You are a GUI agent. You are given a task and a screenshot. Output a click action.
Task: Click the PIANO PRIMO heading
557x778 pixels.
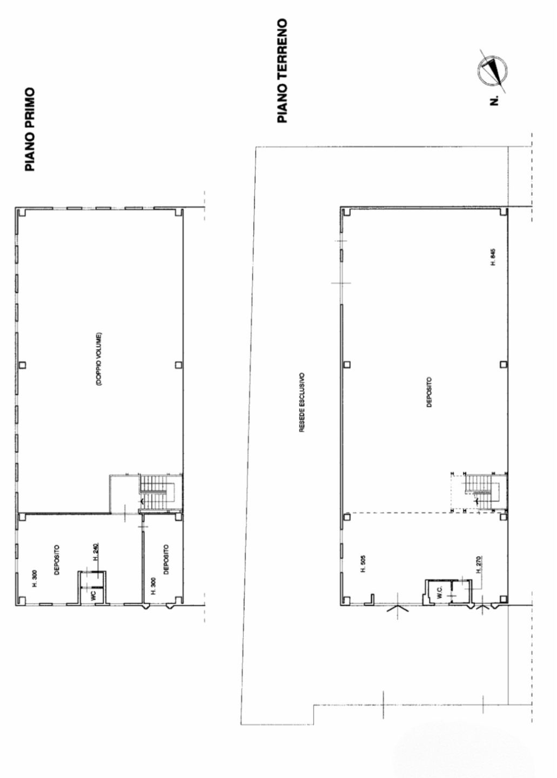[30, 129]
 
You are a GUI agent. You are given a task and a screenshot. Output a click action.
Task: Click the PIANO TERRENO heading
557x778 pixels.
[283, 70]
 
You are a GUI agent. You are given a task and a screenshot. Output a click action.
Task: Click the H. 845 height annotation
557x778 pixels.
[493, 257]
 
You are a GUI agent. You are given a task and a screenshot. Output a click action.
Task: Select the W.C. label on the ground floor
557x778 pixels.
[439, 592]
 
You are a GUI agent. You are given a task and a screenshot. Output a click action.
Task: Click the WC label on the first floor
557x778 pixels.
[93, 595]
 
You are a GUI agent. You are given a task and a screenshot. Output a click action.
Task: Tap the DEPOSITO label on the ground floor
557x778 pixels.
[429, 392]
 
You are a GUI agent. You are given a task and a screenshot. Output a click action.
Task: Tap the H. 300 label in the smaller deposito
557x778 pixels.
[154, 586]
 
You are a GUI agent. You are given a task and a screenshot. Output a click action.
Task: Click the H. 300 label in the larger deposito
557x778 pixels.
[35, 578]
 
